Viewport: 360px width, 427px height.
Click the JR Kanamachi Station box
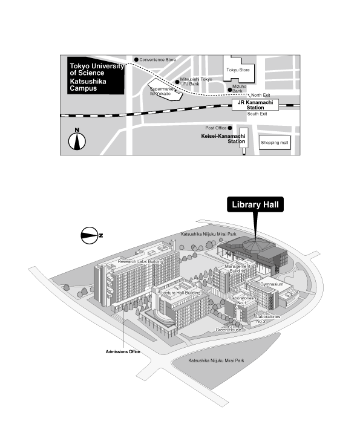tap(255, 105)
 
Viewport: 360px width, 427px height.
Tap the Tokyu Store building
tap(238, 70)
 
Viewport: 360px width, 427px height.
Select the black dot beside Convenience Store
tap(136, 60)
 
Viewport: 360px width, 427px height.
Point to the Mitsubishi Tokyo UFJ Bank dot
tap(177, 82)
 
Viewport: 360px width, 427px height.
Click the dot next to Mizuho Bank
tap(230, 90)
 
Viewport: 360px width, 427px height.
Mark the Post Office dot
tap(230, 128)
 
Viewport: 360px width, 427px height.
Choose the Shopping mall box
tap(275, 142)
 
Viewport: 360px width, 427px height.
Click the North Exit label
tap(261, 95)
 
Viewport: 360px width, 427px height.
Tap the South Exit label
tap(257, 114)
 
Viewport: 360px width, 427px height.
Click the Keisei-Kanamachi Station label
tap(223, 139)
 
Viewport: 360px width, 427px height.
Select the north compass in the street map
tap(77, 140)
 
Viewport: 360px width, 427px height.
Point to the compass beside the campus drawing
tap(91, 235)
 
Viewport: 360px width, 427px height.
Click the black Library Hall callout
tap(255, 204)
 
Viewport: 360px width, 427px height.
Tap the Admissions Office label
tap(123, 351)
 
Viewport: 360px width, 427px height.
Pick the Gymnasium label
tap(272, 284)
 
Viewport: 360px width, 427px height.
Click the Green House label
tap(228, 330)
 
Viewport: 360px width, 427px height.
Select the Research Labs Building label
tap(140, 261)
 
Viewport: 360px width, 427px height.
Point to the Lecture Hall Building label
tap(181, 293)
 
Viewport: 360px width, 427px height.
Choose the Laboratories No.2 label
tap(267, 319)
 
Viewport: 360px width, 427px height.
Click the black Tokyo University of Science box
tap(96, 76)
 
